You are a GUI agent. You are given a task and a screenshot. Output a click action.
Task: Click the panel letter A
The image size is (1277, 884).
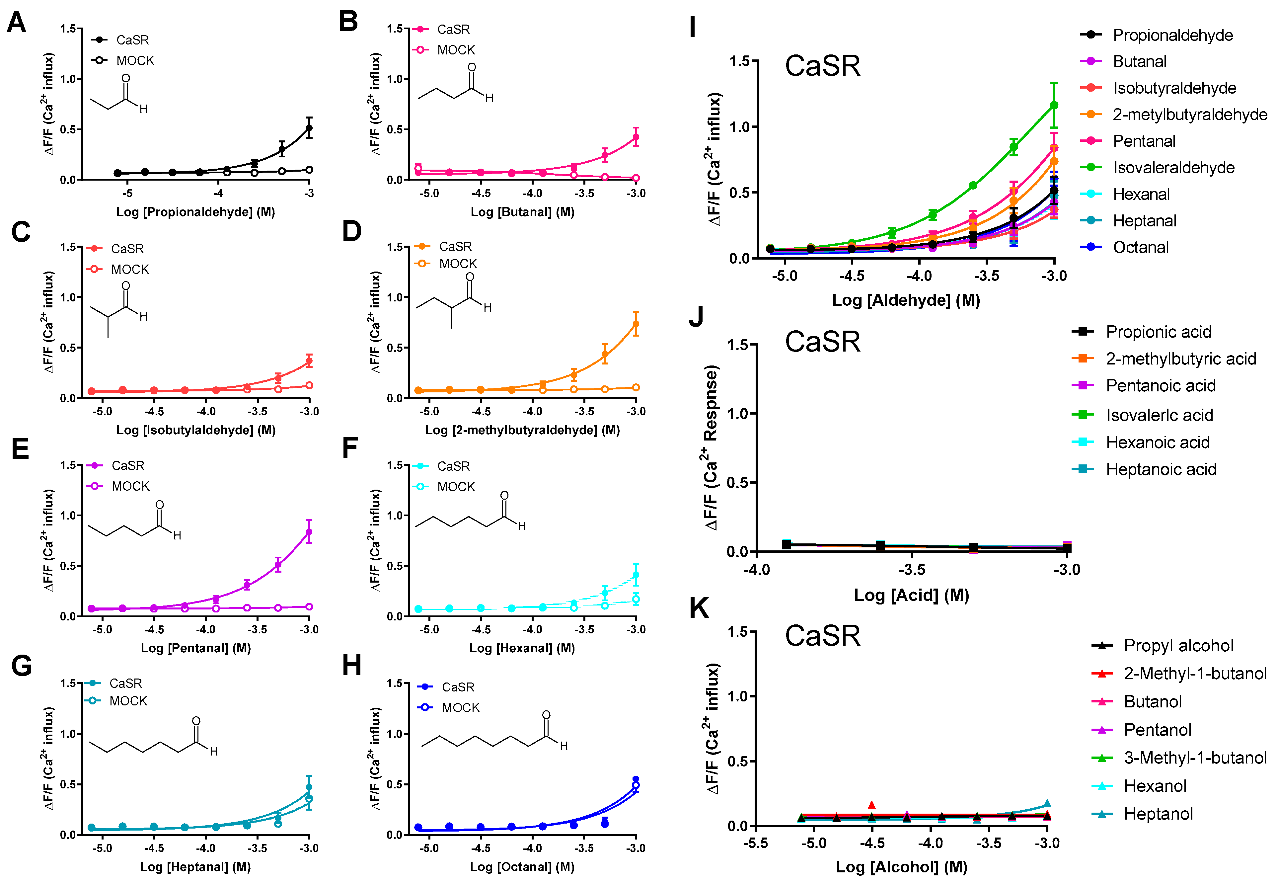click(x=17, y=23)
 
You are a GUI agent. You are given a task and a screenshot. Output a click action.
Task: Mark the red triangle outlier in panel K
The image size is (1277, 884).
click(x=872, y=804)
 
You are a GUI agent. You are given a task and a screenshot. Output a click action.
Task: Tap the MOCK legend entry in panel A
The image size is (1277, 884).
click(x=134, y=60)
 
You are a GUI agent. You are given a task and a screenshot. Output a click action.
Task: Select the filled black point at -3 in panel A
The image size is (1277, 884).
click(x=309, y=128)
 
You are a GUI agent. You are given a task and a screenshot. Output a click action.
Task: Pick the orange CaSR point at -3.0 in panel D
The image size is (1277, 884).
click(x=636, y=324)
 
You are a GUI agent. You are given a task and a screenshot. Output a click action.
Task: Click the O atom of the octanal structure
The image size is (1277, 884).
click(x=546, y=714)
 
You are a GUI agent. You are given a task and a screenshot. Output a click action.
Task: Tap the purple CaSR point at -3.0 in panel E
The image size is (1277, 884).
click(x=309, y=532)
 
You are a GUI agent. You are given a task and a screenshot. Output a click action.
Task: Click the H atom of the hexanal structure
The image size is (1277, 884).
click(x=522, y=526)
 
